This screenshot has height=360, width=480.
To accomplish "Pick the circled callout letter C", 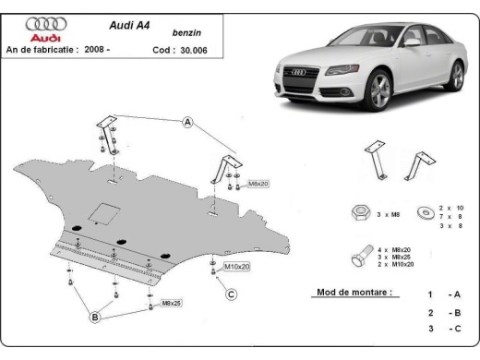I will (232, 294).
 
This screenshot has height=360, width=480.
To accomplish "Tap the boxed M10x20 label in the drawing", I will (236, 267).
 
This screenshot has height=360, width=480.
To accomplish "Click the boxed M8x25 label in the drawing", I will (172, 302).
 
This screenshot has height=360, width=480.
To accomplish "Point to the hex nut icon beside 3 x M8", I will (359, 212).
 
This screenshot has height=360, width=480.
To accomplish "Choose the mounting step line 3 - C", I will (440, 328).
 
